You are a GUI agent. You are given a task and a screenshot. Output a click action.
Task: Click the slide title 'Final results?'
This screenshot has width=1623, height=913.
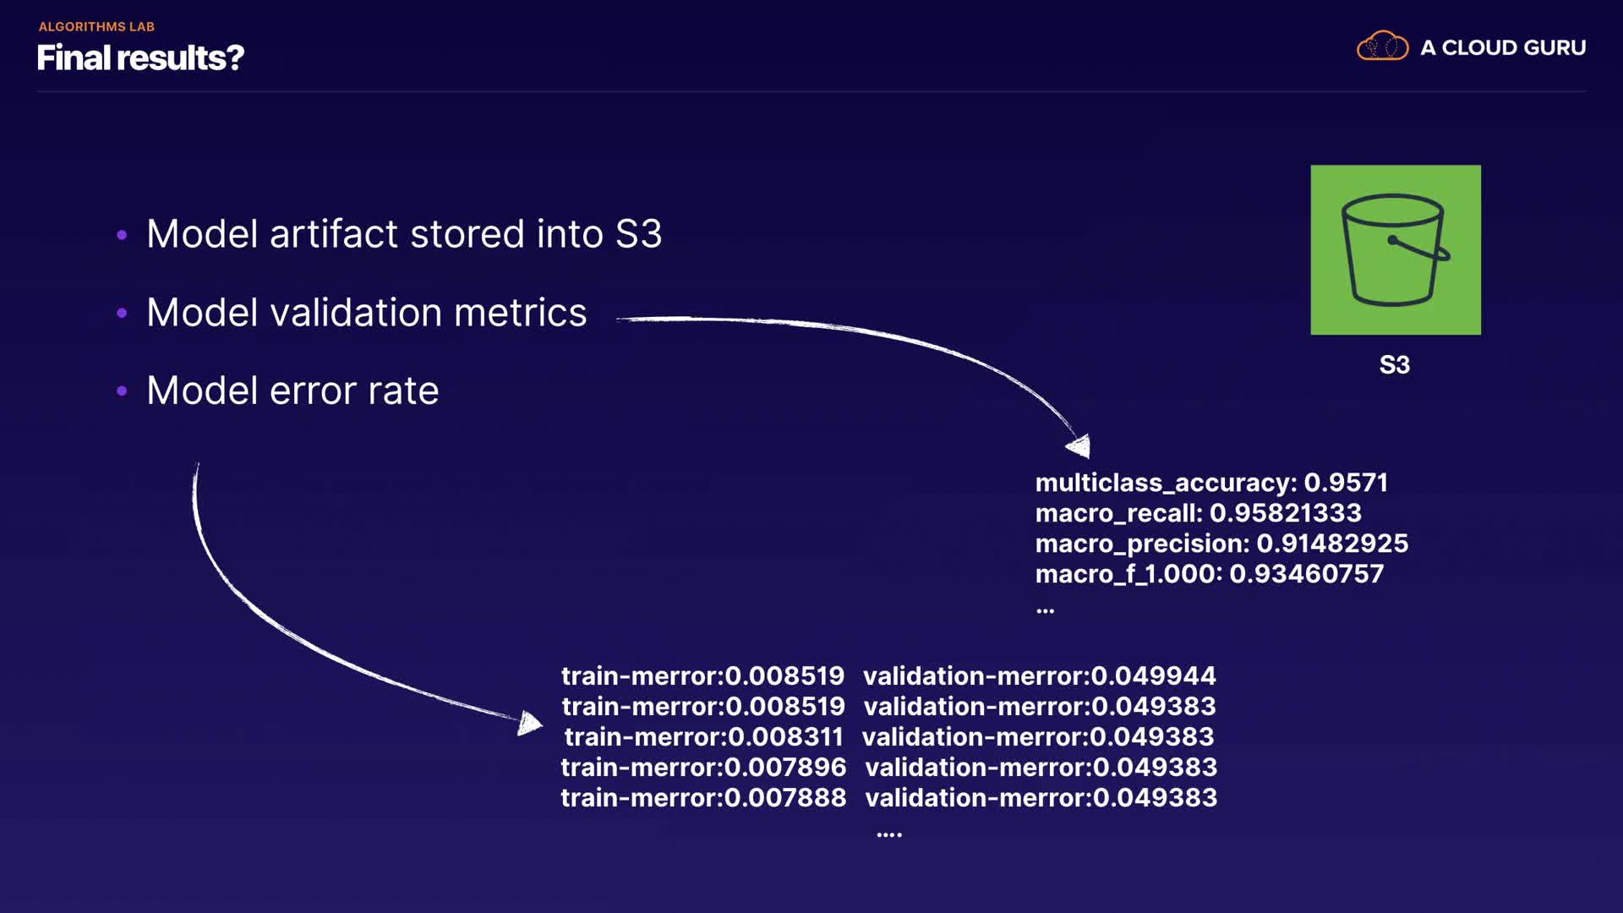click(x=140, y=58)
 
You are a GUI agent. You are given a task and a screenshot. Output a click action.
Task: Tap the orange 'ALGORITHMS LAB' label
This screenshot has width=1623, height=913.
click(x=96, y=27)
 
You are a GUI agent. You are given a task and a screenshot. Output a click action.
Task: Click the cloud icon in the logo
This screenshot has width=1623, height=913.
click(x=1382, y=46)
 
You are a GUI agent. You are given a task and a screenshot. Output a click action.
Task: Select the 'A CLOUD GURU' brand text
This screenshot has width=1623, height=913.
click(x=1503, y=48)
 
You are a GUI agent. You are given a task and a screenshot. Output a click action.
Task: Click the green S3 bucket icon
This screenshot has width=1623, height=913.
click(x=1396, y=249)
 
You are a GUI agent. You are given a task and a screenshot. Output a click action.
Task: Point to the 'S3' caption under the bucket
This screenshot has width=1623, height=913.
click(x=1395, y=365)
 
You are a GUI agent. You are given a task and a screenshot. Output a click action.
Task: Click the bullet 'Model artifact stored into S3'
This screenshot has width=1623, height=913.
click(x=404, y=234)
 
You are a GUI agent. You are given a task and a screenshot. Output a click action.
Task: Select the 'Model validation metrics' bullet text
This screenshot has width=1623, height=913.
click(x=367, y=313)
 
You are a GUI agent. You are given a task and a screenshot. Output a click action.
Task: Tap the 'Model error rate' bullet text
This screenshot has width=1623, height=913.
click(x=292, y=391)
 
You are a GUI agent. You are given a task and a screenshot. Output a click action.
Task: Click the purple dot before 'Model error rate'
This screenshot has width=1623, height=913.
click(x=122, y=391)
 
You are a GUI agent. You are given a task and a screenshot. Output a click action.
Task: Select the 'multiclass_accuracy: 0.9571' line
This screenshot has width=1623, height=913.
click(x=1211, y=483)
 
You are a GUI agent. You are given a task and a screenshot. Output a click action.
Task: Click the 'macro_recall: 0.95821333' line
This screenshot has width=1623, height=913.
click(x=1199, y=513)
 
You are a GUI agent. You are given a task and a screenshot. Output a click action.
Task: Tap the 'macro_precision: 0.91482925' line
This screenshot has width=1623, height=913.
click(x=1221, y=544)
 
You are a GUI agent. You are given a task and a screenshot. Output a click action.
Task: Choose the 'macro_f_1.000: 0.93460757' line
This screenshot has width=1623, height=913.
click(x=1210, y=574)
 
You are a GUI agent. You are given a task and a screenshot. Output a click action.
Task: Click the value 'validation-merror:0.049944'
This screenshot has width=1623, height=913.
click(x=1039, y=675)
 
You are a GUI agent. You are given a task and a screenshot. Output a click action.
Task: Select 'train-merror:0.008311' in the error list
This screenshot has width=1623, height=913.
click(x=703, y=736)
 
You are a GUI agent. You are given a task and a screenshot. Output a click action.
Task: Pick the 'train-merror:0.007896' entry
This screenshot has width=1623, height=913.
click(x=703, y=767)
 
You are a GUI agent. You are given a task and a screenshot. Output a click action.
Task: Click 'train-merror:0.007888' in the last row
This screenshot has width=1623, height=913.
click(x=703, y=797)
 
